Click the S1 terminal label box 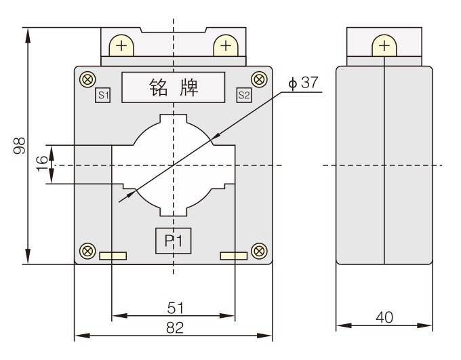click(103, 95)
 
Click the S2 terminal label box click(243, 95)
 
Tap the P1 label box click(174, 241)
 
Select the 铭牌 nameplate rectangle click(173, 87)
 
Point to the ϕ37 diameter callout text click(303, 83)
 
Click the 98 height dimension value click(20, 146)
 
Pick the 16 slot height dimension click(41, 163)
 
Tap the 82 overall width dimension click(174, 327)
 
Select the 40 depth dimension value click(384, 317)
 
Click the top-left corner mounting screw click(87, 79)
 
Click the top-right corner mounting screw click(258, 79)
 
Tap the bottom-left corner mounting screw click(87, 250)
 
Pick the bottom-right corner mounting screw click(258, 250)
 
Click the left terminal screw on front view click(121, 46)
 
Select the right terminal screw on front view click(225, 46)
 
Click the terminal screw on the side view click(384, 46)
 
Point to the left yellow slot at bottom click(113, 256)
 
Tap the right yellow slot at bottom click(233, 256)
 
